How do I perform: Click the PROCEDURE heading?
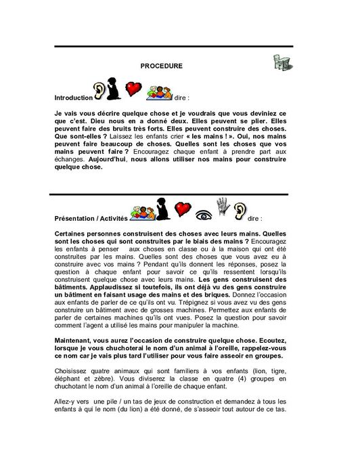pos(161,66)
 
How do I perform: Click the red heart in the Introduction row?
pos(135,90)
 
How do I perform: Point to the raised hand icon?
pos(221,207)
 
